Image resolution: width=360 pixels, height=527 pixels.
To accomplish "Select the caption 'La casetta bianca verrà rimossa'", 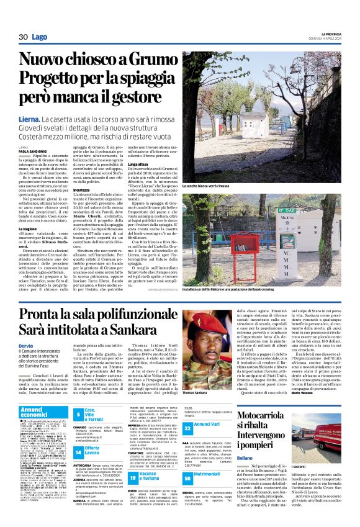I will click(x=205, y=186).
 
